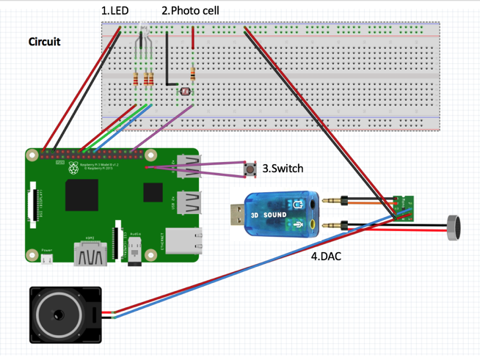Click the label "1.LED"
pos(114,11)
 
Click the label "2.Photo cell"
pos(190,11)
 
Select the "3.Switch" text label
pos(283,169)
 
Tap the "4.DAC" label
pos(325,257)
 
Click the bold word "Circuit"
pos(44,42)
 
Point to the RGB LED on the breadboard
pos(142,34)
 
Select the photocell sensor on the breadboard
pos(183,92)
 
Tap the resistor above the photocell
pos(193,74)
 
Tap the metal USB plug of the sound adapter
pos(237,215)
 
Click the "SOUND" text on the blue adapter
pos(275,215)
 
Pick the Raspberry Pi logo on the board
pos(73,169)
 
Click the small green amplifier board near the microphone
pos(403,206)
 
